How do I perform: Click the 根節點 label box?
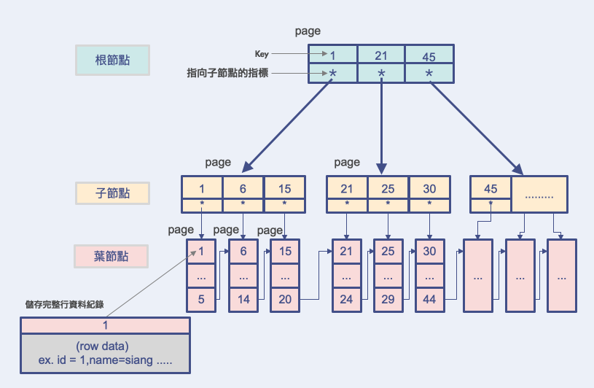(113, 61)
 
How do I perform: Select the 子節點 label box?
(113, 193)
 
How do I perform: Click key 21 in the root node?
(380, 55)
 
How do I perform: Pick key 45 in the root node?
(429, 55)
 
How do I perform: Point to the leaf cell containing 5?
(202, 299)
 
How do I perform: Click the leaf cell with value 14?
(243, 299)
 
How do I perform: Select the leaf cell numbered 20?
(285, 299)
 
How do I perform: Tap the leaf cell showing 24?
(347, 299)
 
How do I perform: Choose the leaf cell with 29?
(388, 299)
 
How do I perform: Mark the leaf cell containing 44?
(430, 299)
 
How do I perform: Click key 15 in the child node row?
(284, 189)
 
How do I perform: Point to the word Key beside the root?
(262, 54)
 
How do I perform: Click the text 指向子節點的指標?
(228, 74)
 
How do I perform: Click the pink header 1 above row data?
(105, 326)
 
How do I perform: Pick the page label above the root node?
(308, 31)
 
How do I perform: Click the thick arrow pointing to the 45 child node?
(477, 125)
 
